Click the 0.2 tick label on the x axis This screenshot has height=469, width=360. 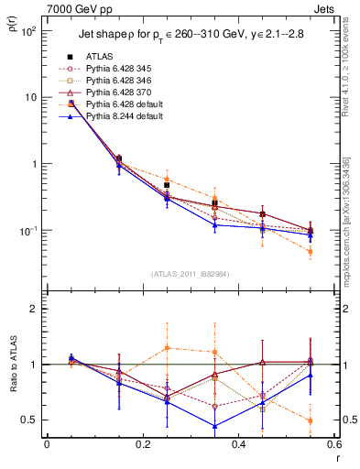tap(142, 445)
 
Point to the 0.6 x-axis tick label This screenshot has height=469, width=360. tap(333, 445)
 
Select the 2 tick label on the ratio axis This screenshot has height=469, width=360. tap(35, 309)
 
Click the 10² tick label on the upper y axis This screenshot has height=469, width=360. tap(29, 31)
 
